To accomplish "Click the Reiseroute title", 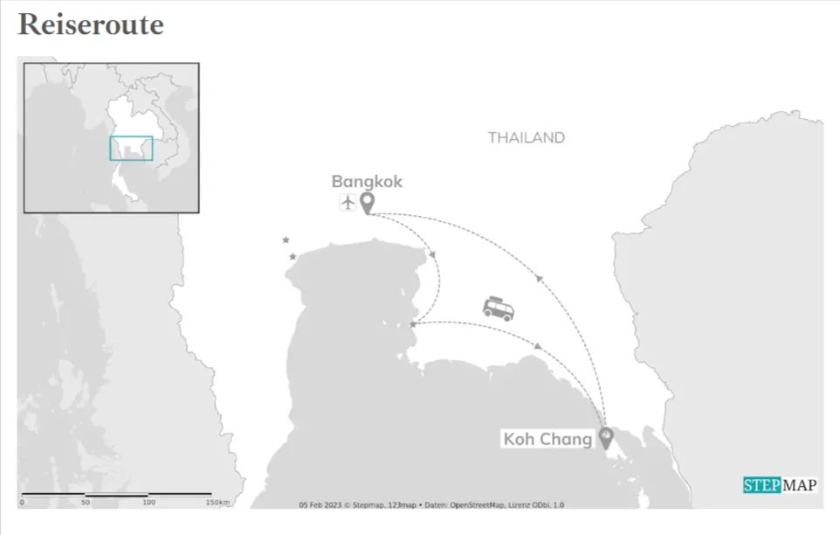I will tap(91, 24).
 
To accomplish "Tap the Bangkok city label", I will tap(367, 182).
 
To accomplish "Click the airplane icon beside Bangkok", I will tap(348, 204).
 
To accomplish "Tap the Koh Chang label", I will tap(547, 439).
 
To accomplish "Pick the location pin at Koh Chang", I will tap(605, 437).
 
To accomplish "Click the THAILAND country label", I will tap(526, 137).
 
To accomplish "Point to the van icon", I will tap(498, 308).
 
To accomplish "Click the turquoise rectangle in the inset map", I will tap(131, 149).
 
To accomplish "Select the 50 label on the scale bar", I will tap(86, 503).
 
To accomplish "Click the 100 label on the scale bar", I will tap(149, 503).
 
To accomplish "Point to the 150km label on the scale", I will tap(217, 503).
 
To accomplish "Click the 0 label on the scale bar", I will tap(23, 503).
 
